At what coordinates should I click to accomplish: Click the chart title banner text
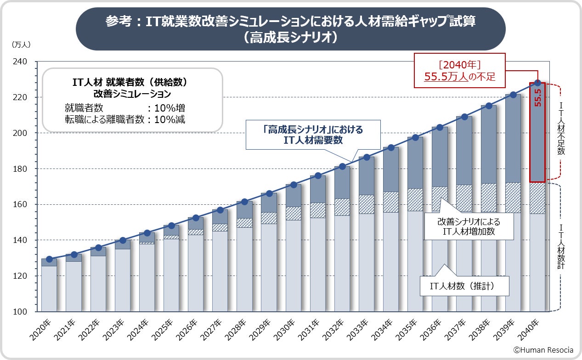point(290,28)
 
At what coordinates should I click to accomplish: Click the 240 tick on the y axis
point(21,62)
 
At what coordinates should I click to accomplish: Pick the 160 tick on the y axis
point(21,204)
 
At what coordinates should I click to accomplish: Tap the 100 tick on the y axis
point(21,312)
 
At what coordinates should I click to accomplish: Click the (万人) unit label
point(20,45)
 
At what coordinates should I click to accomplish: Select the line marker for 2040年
point(537,83)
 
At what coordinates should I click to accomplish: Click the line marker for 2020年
point(49,259)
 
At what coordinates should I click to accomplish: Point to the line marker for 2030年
point(294,185)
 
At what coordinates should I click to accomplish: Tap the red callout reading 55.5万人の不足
point(459,71)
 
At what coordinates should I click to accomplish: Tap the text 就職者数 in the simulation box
point(84,108)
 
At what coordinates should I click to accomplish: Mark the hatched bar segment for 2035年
point(415,199)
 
